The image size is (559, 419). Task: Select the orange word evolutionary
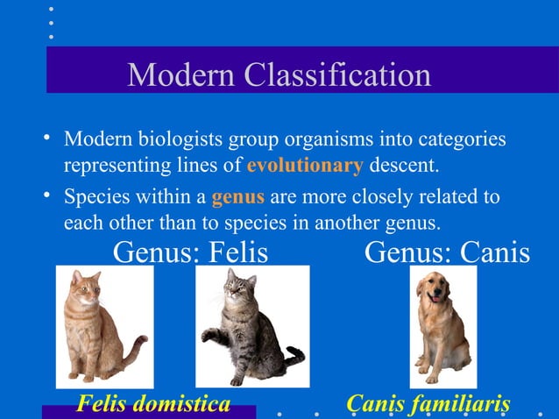tap(304, 166)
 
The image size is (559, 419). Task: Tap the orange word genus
tap(237, 196)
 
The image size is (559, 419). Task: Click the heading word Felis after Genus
tap(237, 252)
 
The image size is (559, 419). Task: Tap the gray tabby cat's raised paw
tap(209, 333)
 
